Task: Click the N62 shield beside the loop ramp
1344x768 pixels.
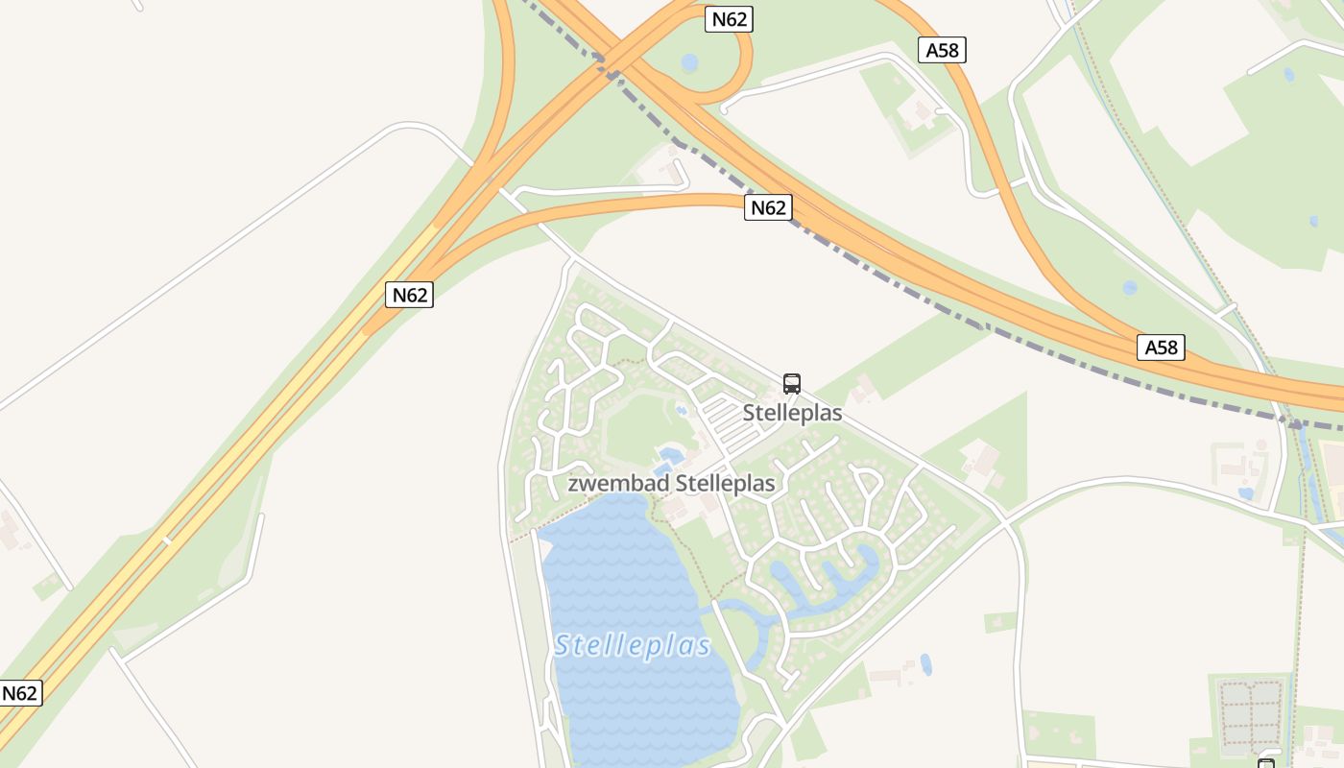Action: (x=729, y=18)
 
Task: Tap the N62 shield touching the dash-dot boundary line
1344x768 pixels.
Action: (x=767, y=207)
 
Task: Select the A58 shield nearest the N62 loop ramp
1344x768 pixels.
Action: (x=942, y=50)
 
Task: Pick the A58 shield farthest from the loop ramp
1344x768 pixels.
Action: (x=1161, y=347)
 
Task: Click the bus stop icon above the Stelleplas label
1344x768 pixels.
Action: (x=792, y=384)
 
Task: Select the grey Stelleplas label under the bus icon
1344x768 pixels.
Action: (x=792, y=413)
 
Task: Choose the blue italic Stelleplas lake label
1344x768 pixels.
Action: (x=633, y=645)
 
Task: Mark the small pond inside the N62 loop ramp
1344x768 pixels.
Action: (x=689, y=63)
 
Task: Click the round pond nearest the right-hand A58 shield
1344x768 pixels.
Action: (x=1130, y=287)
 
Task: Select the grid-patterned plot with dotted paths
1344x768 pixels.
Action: (x=1249, y=714)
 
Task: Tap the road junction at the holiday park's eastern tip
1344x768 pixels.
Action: (x=1004, y=523)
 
